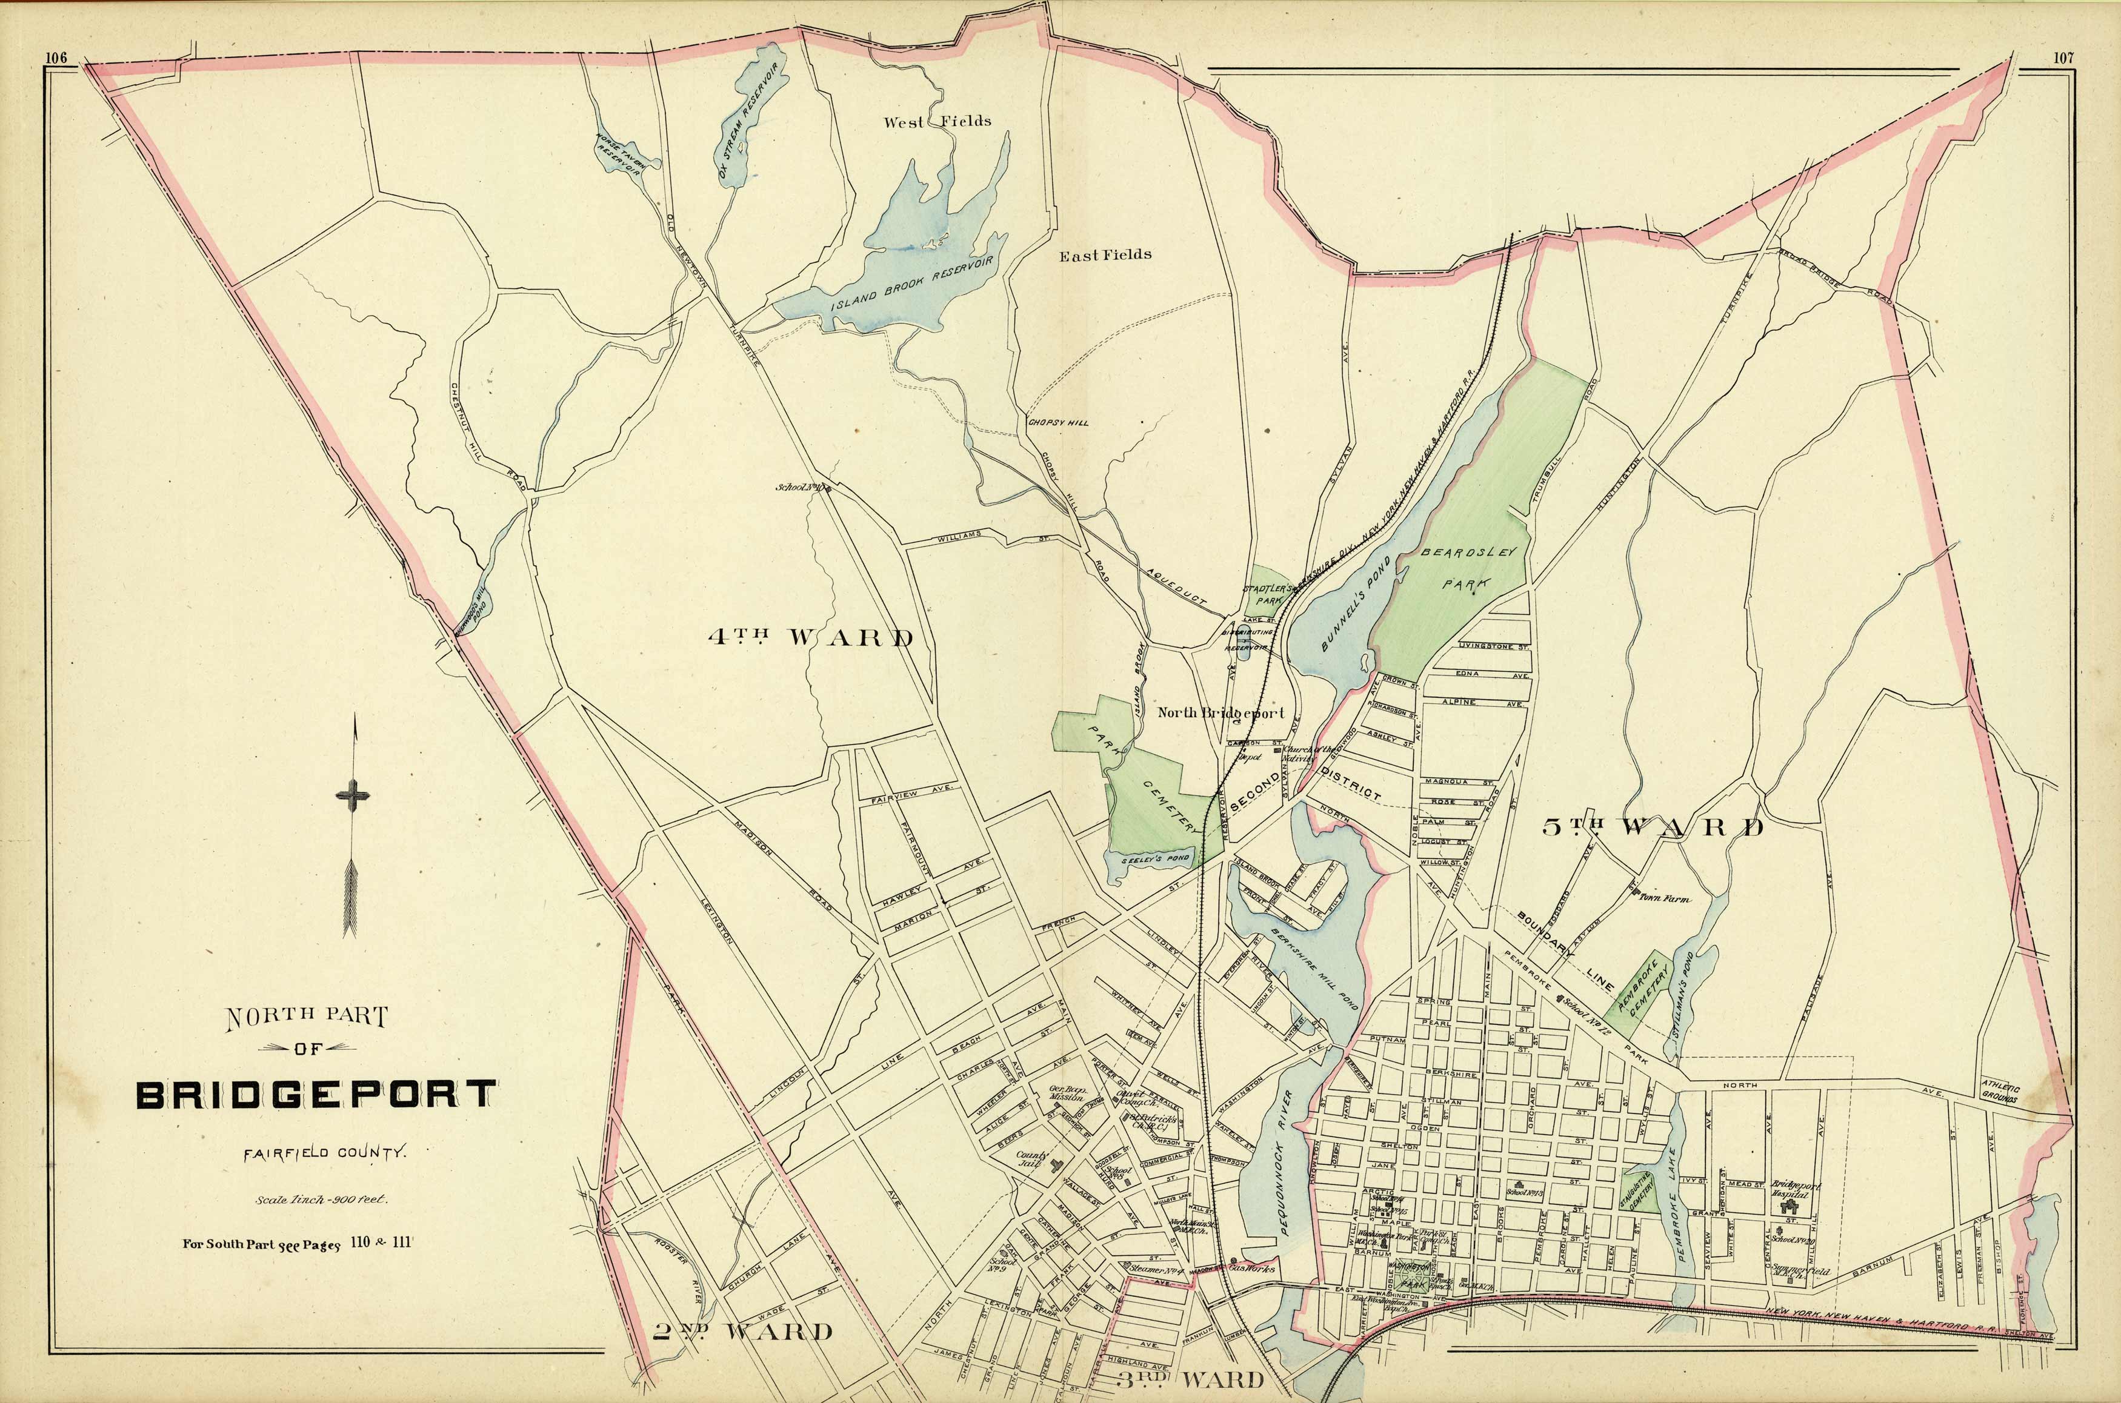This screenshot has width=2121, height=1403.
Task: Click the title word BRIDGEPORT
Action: (316, 1095)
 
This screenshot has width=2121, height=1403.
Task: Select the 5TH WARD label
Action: (1653, 827)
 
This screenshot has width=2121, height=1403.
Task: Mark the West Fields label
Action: (937, 121)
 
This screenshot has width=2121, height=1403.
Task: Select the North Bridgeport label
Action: (1220, 713)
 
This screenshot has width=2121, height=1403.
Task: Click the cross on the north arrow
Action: (353, 795)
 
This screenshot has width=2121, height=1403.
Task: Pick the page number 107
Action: (2063, 59)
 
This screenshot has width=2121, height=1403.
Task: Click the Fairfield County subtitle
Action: (325, 1153)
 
